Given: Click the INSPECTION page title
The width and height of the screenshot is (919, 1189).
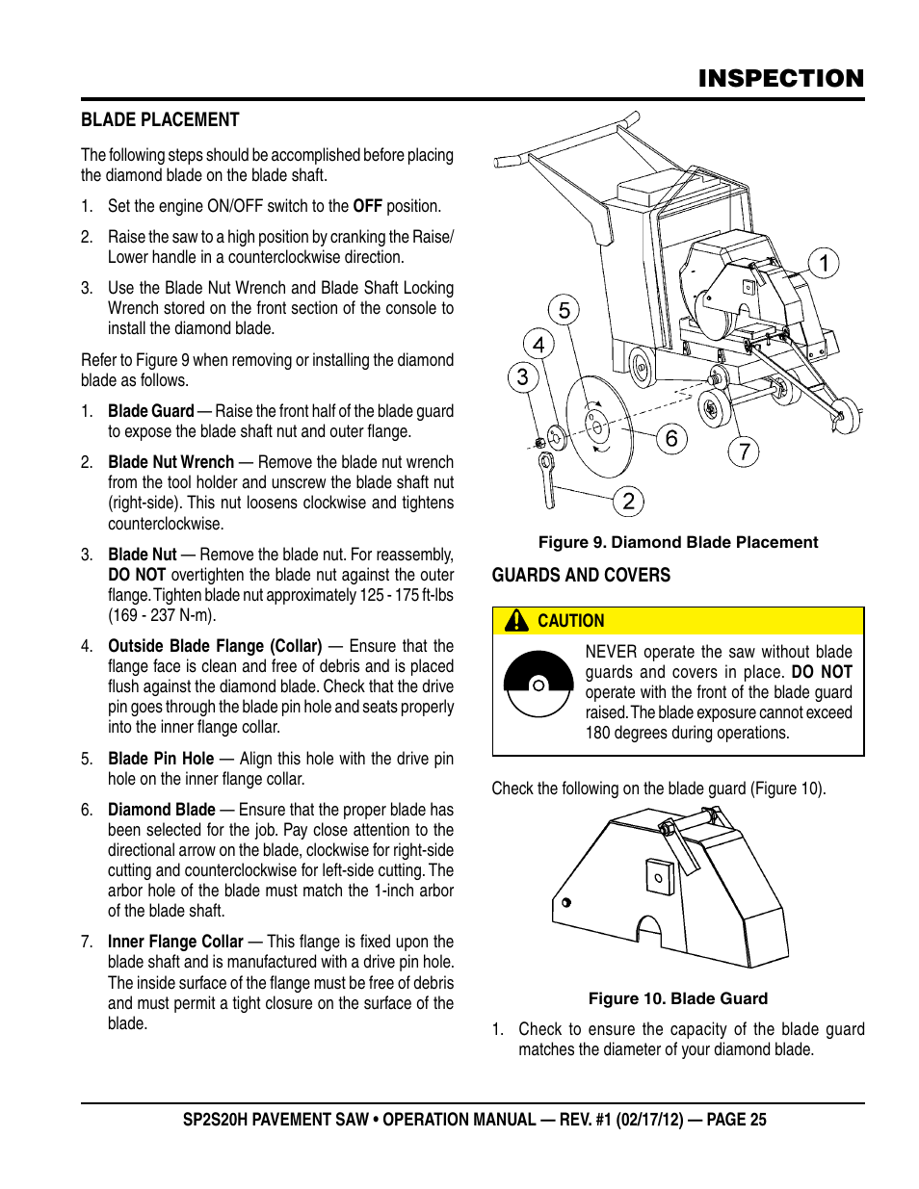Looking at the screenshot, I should (780, 78).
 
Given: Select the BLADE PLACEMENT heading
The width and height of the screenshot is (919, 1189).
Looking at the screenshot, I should (160, 120).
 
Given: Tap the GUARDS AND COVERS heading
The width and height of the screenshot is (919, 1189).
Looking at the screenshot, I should (581, 575).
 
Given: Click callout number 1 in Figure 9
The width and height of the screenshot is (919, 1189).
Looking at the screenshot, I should (823, 263).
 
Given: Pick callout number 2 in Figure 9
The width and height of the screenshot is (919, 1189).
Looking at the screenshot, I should (628, 501).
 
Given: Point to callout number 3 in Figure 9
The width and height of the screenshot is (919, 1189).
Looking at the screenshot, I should (522, 376).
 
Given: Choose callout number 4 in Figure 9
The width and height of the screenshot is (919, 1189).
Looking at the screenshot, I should (538, 344).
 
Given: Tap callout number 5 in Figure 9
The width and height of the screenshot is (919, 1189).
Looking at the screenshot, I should (565, 310).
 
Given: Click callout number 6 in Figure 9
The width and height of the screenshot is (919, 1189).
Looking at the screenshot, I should (671, 439).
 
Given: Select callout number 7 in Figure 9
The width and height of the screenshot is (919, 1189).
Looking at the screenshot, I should (744, 451).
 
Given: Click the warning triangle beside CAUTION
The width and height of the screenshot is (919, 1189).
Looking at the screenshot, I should (516, 621).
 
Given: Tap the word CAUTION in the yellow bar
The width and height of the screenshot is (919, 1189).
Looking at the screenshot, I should (570, 621).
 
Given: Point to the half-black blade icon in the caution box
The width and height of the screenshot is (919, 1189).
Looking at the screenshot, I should (538, 685).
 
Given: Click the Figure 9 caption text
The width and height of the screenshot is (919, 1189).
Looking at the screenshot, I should (677, 542).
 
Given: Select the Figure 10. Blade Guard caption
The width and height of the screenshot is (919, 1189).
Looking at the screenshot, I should (677, 998).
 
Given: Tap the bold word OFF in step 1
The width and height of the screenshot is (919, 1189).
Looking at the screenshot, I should (367, 206).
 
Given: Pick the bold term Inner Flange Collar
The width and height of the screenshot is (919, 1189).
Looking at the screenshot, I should (175, 942).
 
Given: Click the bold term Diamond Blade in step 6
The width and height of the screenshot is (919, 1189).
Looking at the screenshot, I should (161, 810).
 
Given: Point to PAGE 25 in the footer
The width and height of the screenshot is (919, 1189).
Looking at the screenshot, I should (736, 1120).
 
